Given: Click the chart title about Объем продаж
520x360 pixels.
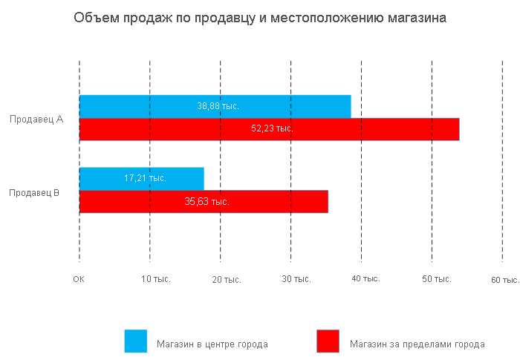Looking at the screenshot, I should [260, 17].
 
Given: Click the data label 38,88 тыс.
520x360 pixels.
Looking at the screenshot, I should [218, 106].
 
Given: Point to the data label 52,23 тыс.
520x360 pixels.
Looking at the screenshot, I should [272, 128].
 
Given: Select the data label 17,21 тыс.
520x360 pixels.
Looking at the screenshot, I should [145, 178].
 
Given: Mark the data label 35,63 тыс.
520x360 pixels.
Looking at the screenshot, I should [207, 201].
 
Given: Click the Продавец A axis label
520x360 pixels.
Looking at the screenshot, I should [36, 119].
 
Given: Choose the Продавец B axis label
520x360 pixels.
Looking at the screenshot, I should [34, 193].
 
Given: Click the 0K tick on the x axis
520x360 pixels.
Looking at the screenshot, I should [79, 280].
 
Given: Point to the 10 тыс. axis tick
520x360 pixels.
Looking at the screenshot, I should [156, 280].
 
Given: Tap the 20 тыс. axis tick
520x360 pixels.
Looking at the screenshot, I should [227, 280].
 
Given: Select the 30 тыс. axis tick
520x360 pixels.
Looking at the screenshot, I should [296, 280].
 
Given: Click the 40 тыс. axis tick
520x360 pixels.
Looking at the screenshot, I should [365, 279].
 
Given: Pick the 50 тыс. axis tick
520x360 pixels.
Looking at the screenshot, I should [437, 279].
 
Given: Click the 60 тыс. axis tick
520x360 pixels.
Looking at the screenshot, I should [505, 280].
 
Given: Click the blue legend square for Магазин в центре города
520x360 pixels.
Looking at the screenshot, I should [136, 341].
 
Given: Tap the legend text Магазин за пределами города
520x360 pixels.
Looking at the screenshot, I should [417, 344].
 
